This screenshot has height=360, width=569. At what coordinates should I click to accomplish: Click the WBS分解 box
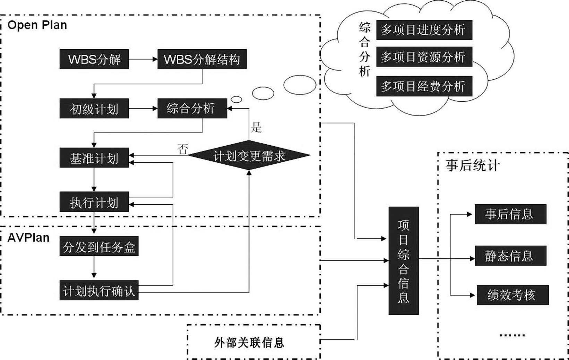[x=94, y=59]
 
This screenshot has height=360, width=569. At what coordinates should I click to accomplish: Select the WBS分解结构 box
[x=202, y=59]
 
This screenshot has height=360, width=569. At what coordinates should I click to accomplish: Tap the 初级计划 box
[x=94, y=109]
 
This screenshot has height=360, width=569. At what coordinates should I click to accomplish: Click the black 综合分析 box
[x=192, y=109]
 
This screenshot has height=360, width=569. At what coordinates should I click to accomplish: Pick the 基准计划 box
[x=94, y=158]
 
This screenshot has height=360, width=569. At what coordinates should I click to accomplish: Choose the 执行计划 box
[x=94, y=202]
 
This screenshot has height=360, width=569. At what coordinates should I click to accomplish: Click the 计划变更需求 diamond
[x=249, y=155]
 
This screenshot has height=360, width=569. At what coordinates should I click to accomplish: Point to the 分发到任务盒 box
[x=99, y=246]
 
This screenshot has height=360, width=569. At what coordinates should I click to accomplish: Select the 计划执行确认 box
[x=99, y=290]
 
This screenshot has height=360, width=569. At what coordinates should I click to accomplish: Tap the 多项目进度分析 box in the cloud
[x=424, y=30]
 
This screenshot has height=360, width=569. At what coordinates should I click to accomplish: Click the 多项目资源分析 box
[x=424, y=57]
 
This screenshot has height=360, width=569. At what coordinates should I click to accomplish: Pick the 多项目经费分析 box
[x=424, y=86]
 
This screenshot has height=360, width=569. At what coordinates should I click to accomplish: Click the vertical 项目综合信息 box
[x=403, y=261]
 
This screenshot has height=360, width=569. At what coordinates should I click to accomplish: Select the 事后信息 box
[x=510, y=214]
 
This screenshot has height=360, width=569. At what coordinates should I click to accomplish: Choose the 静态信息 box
[x=510, y=256]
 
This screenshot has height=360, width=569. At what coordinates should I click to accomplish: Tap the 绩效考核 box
[x=512, y=295]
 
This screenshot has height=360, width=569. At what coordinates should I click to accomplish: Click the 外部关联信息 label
[x=249, y=342]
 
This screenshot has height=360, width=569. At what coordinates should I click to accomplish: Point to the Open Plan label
[x=37, y=25]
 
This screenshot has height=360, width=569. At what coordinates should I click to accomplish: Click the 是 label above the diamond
[x=256, y=127]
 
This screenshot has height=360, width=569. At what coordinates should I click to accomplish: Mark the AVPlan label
[x=28, y=238]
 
